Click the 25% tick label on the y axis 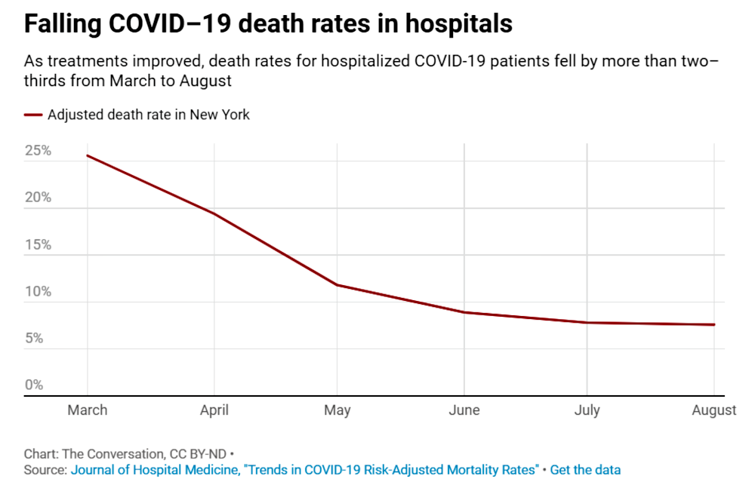pyautogui.click(x=38, y=151)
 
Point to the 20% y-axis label pyautogui.click(x=38, y=197)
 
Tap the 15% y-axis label pyautogui.click(x=38, y=244)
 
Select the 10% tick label pyautogui.click(x=38, y=291)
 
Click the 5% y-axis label pyautogui.click(x=34, y=338)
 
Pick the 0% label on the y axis pyautogui.click(x=34, y=385)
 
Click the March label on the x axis pyautogui.click(x=87, y=410)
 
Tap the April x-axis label pyautogui.click(x=214, y=410)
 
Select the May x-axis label pyautogui.click(x=337, y=410)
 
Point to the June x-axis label pyautogui.click(x=464, y=410)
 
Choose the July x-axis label pyautogui.click(x=587, y=410)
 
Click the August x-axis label pyautogui.click(x=714, y=410)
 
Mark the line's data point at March pyautogui.click(x=87, y=155)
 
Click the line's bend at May pyautogui.click(x=337, y=284)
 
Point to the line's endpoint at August pyautogui.click(x=714, y=324)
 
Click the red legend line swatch pyautogui.click(x=33, y=115)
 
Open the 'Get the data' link pyautogui.click(x=585, y=470)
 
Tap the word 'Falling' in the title pyautogui.click(x=63, y=24)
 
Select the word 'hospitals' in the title pyautogui.click(x=458, y=24)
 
